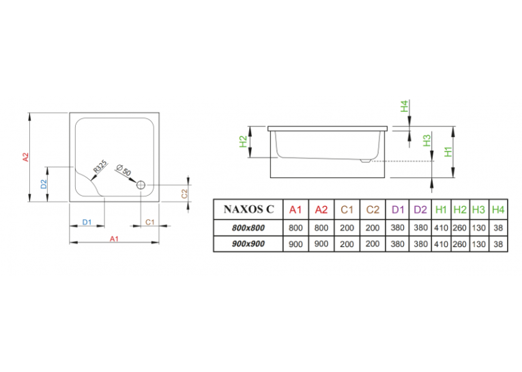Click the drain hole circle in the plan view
click(141, 185)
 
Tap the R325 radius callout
click(100, 167)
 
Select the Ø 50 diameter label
click(124, 170)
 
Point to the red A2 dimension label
click(26, 157)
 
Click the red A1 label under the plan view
click(114, 239)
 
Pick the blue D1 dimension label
click(87, 222)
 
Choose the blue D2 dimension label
click(44, 184)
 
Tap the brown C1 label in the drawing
click(150, 222)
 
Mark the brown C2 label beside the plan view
click(184, 194)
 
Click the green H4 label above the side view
click(404, 106)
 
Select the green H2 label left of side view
click(244, 141)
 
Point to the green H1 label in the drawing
click(448, 152)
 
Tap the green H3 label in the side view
click(426, 141)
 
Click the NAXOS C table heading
click(248, 209)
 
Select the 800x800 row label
click(248, 228)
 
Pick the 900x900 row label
click(248, 244)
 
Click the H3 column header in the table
click(479, 210)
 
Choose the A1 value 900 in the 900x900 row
click(295, 244)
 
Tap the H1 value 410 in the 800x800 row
click(441, 228)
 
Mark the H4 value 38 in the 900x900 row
click(498, 244)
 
